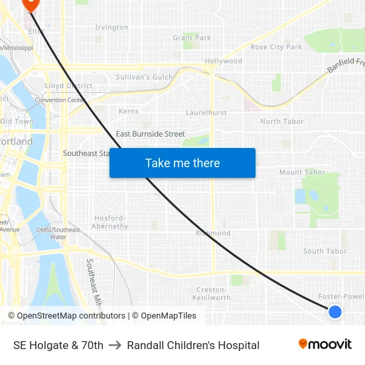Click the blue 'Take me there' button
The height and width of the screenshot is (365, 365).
point(183,163)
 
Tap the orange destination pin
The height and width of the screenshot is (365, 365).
point(31,4)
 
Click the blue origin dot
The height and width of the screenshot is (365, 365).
point(335,311)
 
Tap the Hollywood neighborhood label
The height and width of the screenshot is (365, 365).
point(223,61)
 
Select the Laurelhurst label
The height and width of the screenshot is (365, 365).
point(206,113)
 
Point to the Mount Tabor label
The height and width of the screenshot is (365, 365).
point(302,173)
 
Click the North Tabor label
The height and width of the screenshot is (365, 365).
point(282,121)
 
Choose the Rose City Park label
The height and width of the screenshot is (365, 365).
point(276,47)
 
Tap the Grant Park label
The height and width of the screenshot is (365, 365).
point(192,38)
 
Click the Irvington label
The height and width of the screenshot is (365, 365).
point(111,27)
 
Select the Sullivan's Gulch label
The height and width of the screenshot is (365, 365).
point(144,77)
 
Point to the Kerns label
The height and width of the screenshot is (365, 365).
point(129,111)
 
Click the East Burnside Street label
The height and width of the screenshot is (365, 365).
point(150,134)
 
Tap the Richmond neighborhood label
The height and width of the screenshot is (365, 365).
point(213,234)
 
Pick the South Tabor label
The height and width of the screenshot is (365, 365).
point(325,252)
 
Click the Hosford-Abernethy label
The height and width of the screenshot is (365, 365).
point(111,222)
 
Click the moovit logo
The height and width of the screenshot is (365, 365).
point(325,344)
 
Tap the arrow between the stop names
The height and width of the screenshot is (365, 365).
point(115,345)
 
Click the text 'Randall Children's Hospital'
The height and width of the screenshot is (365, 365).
point(193,345)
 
